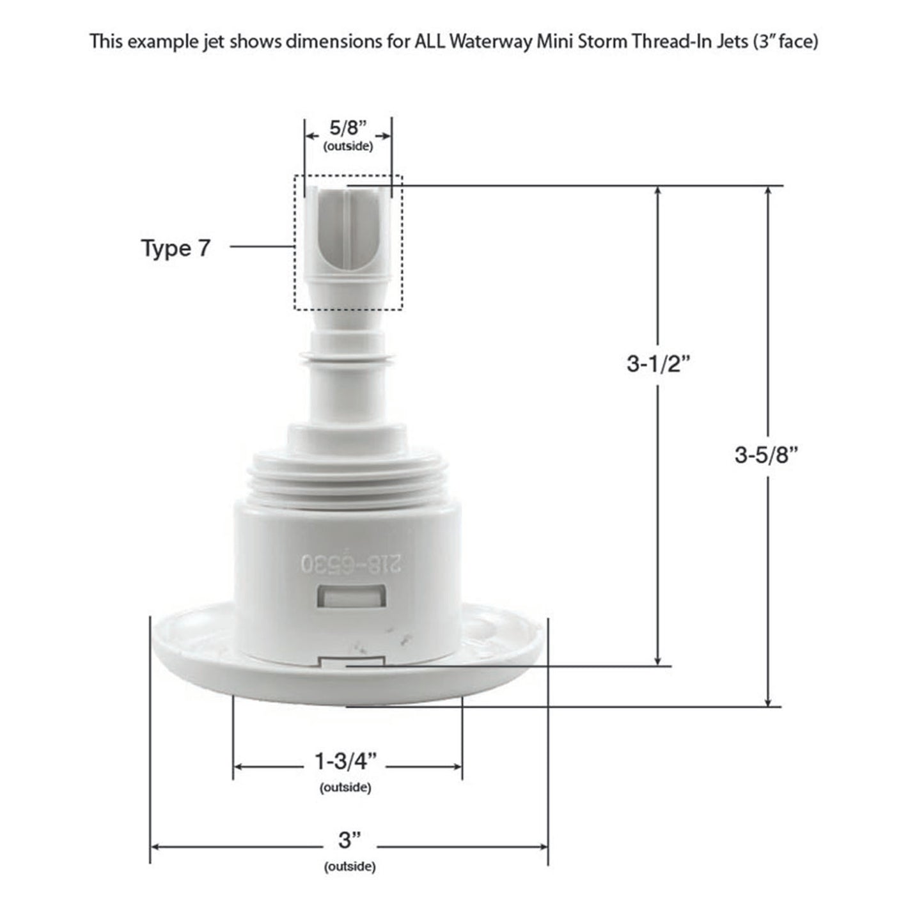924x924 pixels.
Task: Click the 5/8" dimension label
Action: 348,128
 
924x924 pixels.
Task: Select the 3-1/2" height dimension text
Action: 659,364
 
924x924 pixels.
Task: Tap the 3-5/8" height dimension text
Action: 767,455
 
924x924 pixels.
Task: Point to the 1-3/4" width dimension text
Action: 346,762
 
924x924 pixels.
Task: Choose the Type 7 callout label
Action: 175,248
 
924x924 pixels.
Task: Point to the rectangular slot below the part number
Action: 351,597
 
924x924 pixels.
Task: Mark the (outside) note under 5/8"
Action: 348,146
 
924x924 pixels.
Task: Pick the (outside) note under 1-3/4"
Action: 345,788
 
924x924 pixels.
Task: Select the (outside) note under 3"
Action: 350,866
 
